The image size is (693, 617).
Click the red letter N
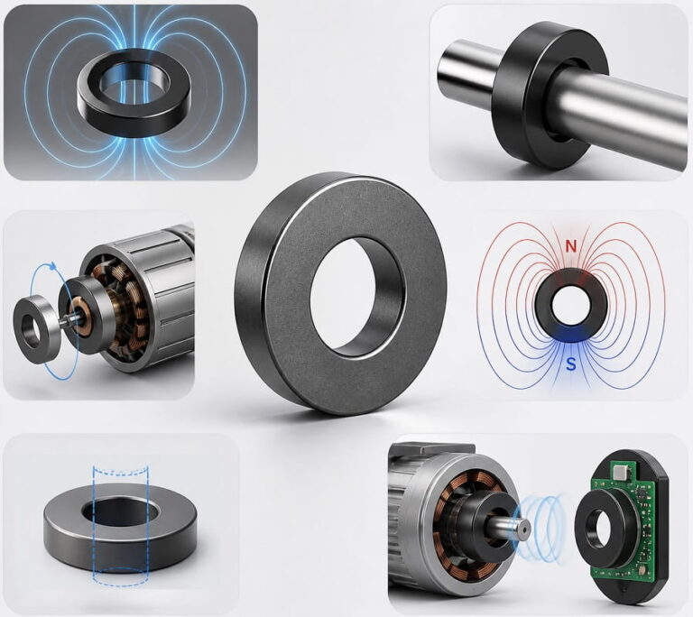(571, 246)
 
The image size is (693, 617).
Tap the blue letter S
(571, 364)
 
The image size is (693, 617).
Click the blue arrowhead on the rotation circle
(52, 266)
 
